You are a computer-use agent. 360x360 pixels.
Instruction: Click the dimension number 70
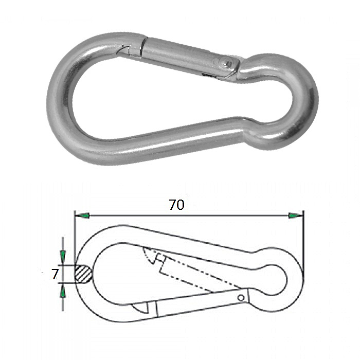[176, 205]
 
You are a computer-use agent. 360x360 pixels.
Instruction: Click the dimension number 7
[55, 274]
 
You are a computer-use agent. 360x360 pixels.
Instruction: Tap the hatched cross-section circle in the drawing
[83, 274]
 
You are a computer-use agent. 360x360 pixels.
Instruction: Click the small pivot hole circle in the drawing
[241, 298]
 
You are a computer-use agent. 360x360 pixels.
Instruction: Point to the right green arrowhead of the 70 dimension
[296, 215]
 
